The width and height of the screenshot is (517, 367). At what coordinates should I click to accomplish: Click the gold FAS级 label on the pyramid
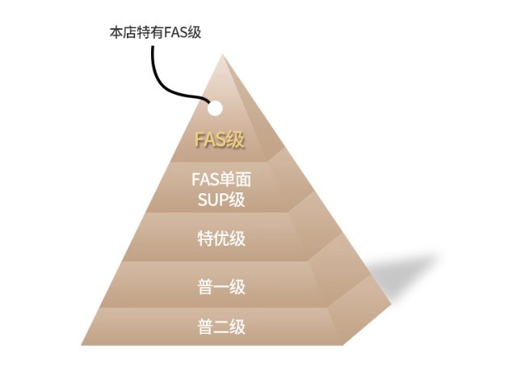point(220,140)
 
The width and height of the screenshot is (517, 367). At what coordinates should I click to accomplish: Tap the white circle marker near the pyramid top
point(215,108)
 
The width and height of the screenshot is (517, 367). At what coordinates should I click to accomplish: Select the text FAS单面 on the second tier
point(221,179)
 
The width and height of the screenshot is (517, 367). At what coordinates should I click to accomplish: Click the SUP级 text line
point(221,200)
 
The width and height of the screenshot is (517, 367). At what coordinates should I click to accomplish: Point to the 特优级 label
point(221,238)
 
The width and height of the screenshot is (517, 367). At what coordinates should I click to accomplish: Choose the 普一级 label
point(221,286)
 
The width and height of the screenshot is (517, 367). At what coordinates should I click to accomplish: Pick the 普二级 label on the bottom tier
point(221,327)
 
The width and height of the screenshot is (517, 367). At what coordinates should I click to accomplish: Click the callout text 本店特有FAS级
point(155,32)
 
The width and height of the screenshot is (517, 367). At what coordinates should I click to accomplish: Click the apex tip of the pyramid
point(223,55)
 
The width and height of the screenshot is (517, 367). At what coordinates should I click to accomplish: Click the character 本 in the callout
point(116,32)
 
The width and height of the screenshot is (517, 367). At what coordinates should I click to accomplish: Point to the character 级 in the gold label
point(236,140)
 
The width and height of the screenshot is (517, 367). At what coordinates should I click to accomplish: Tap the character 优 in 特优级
point(221,238)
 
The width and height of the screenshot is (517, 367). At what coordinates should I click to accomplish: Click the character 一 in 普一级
point(221,287)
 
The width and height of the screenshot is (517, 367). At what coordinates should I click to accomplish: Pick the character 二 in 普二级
point(221,327)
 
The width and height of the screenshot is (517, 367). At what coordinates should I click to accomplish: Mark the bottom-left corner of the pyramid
point(82,345)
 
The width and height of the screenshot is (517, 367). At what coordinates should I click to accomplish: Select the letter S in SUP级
point(203,200)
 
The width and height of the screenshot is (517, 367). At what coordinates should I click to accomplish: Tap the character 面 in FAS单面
point(243,179)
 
